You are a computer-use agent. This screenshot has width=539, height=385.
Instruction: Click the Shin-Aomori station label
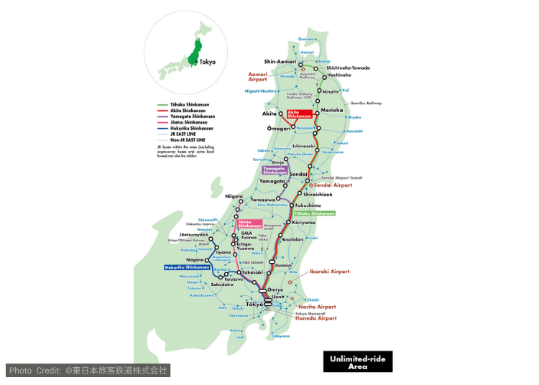(x=280, y=62)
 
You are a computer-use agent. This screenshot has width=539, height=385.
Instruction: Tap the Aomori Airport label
(x=257, y=76)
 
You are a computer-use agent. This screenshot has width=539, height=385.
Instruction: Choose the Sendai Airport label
(x=333, y=185)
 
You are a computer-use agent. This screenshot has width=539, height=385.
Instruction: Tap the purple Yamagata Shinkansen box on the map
(x=275, y=171)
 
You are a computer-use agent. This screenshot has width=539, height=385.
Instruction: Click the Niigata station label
(x=234, y=195)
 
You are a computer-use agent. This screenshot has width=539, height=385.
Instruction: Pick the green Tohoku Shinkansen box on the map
(x=314, y=213)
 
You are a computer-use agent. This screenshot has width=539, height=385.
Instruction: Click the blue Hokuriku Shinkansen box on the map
(x=187, y=267)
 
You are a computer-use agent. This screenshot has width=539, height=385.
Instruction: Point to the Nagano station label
(x=194, y=260)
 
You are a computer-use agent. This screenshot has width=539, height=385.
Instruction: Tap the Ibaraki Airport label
(x=329, y=272)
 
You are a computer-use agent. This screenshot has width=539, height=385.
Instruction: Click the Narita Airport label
(x=317, y=307)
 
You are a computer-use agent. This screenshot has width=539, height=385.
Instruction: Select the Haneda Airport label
(x=315, y=318)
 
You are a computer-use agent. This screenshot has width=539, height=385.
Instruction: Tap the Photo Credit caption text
(x=88, y=371)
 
